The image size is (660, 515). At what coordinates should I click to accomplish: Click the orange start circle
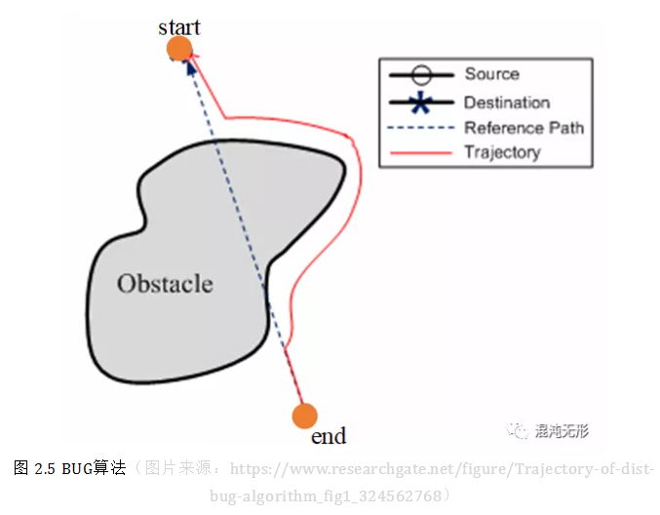179,50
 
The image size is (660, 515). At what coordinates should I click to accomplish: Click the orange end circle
305,416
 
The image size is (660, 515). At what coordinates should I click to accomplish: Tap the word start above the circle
179,26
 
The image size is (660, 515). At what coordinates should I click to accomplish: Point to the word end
329,436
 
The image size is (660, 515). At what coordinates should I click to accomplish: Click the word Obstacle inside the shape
165,284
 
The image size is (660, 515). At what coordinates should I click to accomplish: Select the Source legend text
491,74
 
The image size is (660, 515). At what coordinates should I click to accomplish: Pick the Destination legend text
506,101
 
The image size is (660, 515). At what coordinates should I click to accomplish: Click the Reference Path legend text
524,128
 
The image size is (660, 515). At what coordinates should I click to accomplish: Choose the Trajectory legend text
501,152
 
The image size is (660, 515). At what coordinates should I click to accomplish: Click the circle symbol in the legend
420,75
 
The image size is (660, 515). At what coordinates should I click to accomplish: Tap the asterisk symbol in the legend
420,102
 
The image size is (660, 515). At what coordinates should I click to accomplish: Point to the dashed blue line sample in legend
420,128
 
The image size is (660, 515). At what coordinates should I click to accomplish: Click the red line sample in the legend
420,153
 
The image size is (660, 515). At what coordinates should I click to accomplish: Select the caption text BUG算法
94,468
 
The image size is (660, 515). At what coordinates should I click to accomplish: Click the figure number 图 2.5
34,468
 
